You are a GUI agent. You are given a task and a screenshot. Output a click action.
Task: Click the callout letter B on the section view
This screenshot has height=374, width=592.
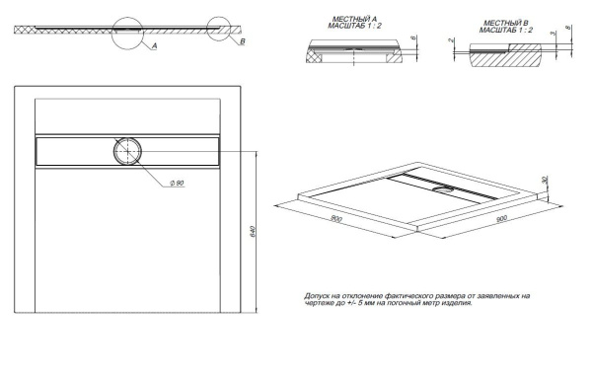coord(243,43)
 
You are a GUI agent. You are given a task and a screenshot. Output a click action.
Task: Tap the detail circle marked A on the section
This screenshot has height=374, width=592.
coord(137,31)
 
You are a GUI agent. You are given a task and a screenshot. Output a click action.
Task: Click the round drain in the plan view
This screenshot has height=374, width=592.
coord(127,151)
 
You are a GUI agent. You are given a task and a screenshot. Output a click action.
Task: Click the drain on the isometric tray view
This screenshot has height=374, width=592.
coord(445,188)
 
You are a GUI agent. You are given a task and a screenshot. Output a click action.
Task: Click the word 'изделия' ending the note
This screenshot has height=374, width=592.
coord(455,304)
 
